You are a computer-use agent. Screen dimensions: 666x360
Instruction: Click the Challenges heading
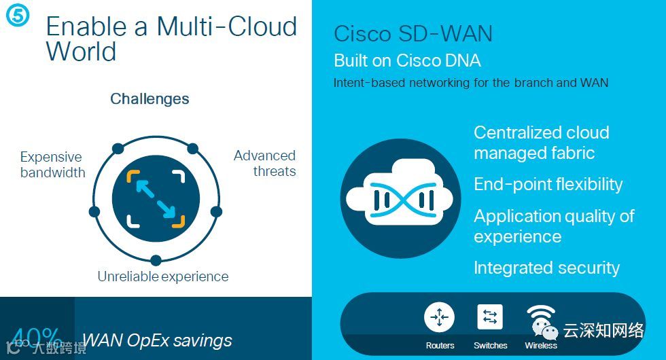point(150,99)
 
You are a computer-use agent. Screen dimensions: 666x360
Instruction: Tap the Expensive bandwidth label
point(52,164)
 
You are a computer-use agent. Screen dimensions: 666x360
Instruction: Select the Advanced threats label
point(264,163)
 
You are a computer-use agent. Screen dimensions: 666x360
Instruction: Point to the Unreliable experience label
point(162,276)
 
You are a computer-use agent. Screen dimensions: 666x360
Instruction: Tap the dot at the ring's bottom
point(156,259)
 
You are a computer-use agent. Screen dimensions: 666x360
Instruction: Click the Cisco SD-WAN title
point(413,34)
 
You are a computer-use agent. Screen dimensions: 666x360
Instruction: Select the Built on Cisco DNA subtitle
point(407,60)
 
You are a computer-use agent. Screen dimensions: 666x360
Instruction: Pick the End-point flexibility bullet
point(548,185)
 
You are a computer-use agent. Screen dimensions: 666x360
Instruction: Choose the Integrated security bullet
point(546,268)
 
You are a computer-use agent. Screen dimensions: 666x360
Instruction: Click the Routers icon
point(439,317)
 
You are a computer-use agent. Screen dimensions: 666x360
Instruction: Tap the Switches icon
point(490,317)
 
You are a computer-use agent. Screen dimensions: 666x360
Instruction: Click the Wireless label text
point(540,346)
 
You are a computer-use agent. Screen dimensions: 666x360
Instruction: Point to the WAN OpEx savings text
point(157,340)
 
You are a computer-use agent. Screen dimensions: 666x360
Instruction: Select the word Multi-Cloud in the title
point(227,27)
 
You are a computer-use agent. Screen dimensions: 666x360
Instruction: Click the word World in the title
point(81,52)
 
